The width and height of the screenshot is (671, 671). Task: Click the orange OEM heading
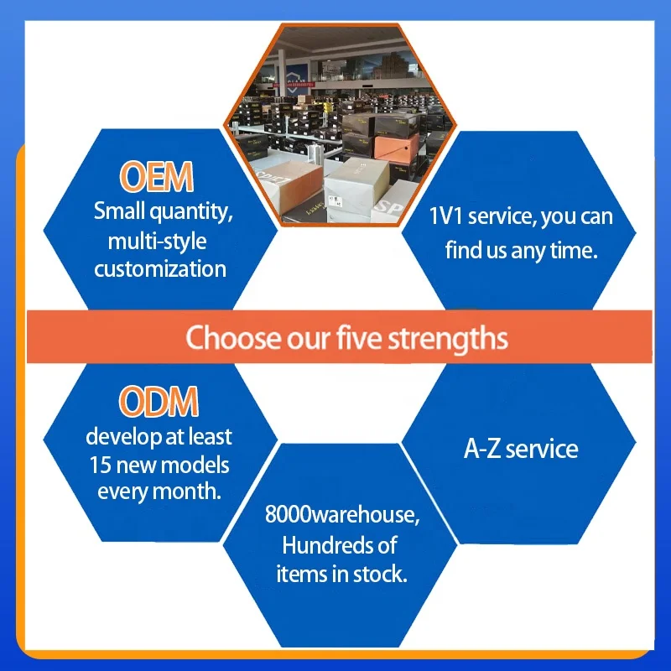(157, 177)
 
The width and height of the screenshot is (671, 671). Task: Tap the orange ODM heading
(159, 402)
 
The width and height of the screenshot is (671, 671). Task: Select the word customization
(160, 269)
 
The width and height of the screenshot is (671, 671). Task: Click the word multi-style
(158, 241)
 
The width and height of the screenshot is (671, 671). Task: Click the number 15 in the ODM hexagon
(100, 466)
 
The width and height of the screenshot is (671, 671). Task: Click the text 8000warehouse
(342, 514)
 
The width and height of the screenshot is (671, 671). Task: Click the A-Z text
(481, 450)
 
